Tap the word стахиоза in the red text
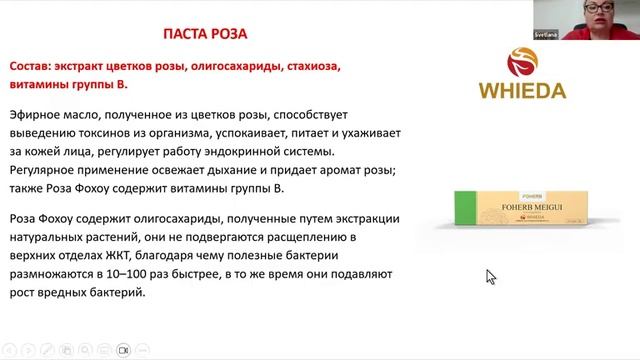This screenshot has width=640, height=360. [313, 67]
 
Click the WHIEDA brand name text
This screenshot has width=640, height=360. [516, 92]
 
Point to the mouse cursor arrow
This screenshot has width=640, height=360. [490, 276]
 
